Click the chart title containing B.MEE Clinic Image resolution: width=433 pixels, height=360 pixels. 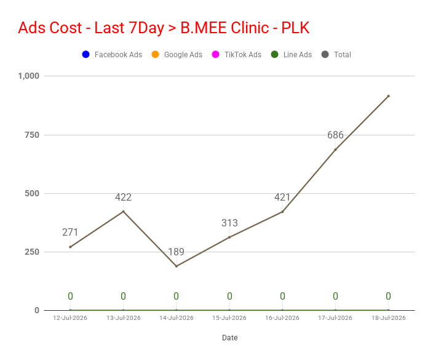[164, 28]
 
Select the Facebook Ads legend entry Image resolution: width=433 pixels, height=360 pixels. [112, 54]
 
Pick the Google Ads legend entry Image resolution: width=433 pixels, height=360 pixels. [177, 54]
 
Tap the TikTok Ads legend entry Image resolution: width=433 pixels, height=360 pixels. [237, 54]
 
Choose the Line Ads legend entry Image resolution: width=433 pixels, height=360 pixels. [292, 54]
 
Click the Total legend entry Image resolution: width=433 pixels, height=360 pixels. [336, 54]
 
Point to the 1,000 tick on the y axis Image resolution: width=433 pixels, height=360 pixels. [29, 76]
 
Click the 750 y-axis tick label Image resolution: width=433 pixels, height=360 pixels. [32, 135]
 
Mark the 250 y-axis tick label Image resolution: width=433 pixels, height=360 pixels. [32, 252]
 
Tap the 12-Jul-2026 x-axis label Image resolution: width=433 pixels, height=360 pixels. [70, 318]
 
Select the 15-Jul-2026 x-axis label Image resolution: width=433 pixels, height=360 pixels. [229, 318]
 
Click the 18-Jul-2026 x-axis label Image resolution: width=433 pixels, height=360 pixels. [389, 318]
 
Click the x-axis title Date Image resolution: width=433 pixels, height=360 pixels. [230, 338]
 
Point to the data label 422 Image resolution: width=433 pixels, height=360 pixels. [123, 198]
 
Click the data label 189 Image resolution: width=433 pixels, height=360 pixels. [176, 252]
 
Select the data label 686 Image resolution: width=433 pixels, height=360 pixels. [335, 135]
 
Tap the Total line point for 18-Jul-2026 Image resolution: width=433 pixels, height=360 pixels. [389, 96]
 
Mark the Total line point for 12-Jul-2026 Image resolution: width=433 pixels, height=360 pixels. [70, 247]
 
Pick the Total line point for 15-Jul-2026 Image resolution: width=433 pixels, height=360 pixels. [229, 238]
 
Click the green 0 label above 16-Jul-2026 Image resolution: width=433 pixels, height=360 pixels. [282, 296]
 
